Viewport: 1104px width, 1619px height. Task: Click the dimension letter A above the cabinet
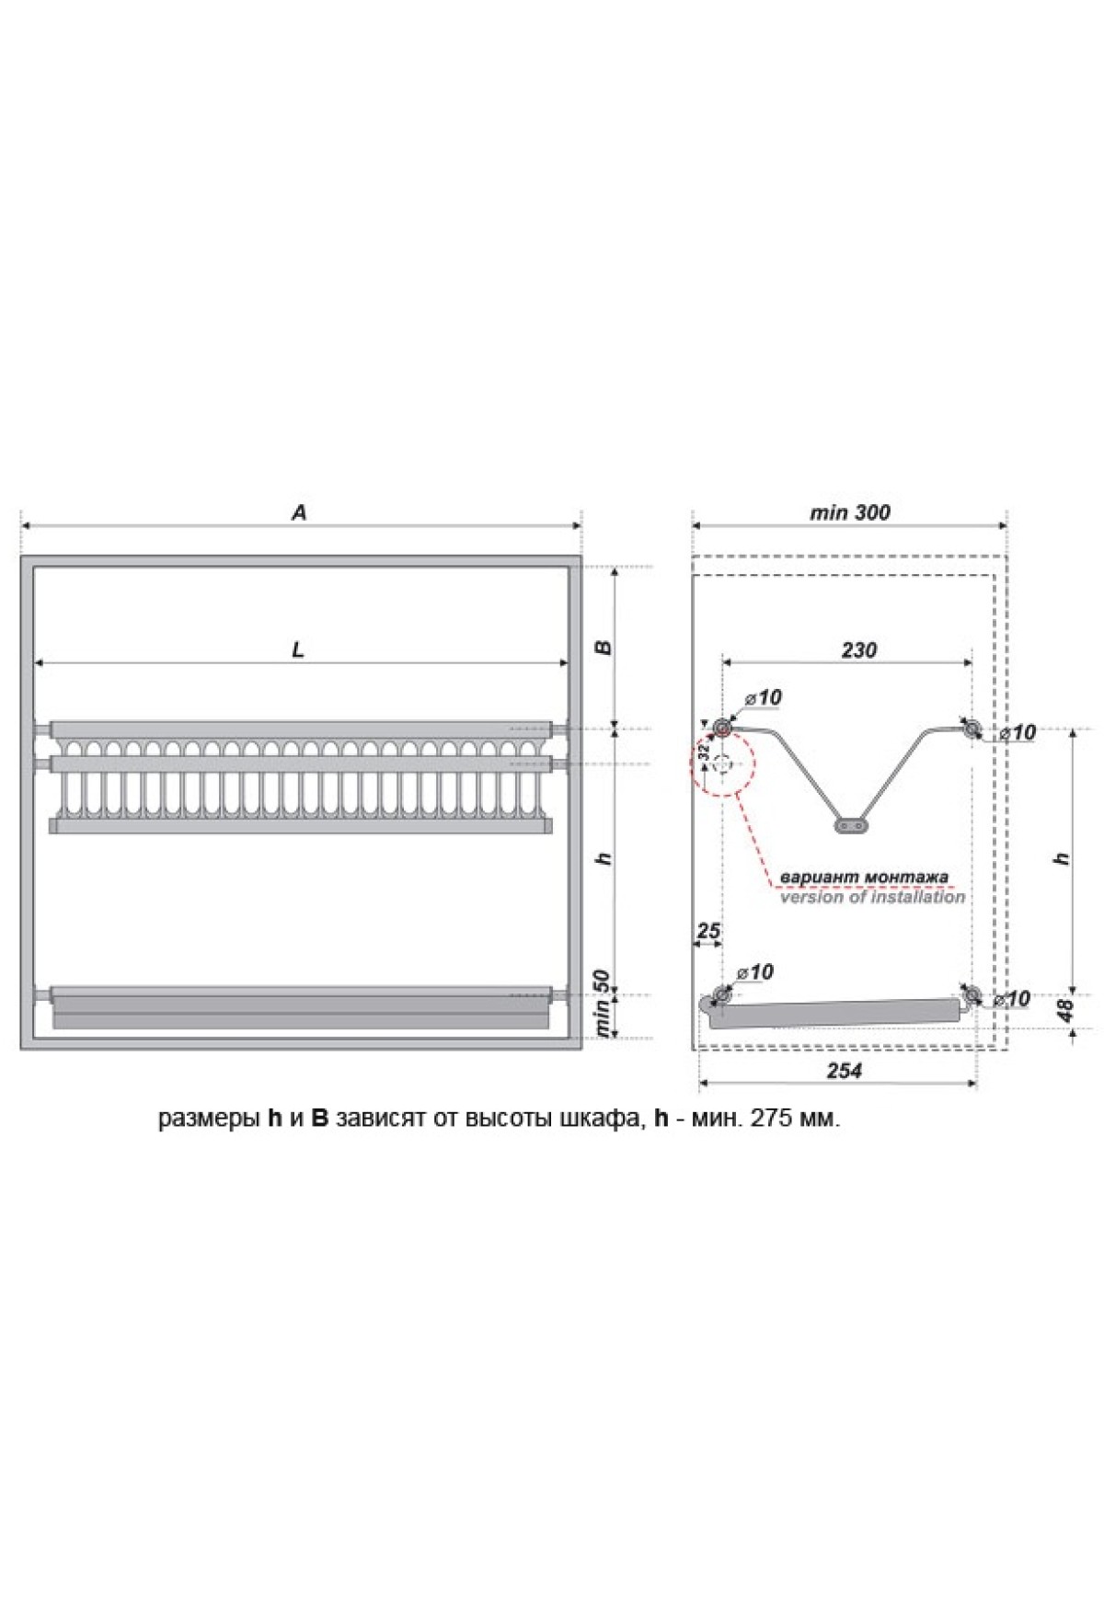tap(299, 512)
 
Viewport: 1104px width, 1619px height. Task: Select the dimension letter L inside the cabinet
tap(298, 650)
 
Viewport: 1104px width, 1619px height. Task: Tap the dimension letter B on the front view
tap(604, 647)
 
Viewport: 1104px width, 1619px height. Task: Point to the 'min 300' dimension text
tap(849, 512)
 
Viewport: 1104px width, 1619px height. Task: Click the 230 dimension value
tap(858, 649)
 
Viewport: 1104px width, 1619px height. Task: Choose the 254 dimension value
tap(844, 1071)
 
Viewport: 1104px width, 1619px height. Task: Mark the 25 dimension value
tap(707, 931)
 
